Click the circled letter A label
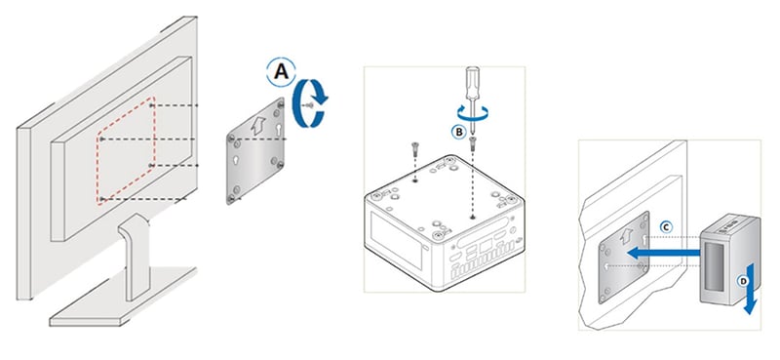[282, 72]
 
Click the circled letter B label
[458, 132]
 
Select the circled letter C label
[666, 227]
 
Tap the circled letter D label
[743, 282]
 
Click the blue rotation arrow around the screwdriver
[473, 112]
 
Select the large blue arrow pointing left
[664, 253]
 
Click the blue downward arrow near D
[750, 290]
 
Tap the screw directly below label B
[473, 143]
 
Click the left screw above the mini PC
[415, 148]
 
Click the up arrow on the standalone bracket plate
[257, 126]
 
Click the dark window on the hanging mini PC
[717, 266]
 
